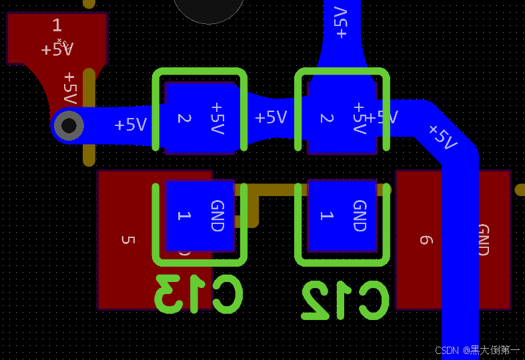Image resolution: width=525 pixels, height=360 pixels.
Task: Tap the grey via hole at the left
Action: click(69, 125)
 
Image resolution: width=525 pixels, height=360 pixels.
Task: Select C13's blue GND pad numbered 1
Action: click(199, 215)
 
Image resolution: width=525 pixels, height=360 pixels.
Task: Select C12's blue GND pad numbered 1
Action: click(342, 215)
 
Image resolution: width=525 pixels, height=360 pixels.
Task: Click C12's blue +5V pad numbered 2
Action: click(342, 118)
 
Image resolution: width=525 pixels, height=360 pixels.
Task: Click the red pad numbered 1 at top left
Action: click(57, 37)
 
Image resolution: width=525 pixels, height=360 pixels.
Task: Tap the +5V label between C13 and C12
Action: click(271, 118)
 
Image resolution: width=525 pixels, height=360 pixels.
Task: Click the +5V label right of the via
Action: click(130, 125)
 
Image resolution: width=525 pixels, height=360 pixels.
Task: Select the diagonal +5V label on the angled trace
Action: click(442, 136)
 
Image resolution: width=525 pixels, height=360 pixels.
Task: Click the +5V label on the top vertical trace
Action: click(341, 23)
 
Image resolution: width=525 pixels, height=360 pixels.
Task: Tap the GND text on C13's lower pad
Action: click(217, 215)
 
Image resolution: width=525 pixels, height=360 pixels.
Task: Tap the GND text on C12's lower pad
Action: click(360, 215)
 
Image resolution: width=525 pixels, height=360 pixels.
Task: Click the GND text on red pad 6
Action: click(484, 240)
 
